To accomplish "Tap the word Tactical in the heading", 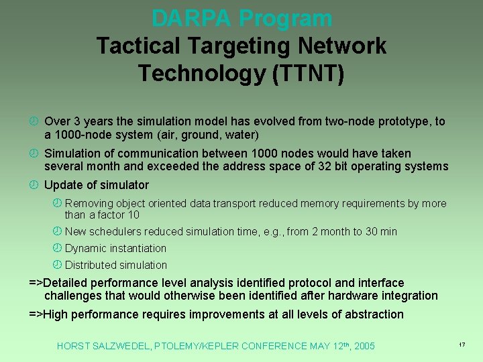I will pyautogui.click(x=138, y=46).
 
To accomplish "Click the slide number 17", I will pyautogui.click(x=462, y=344).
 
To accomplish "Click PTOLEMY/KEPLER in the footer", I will pyautogui.click(x=197, y=346).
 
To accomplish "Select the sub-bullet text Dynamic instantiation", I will pyautogui.click(x=115, y=248).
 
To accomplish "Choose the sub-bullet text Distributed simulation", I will pyautogui.click(x=116, y=265).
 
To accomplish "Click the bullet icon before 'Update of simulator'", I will pyautogui.click(x=34, y=185).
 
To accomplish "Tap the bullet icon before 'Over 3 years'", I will pyautogui.click(x=34, y=122).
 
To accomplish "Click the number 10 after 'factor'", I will pyautogui.click(x=133, y=215).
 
